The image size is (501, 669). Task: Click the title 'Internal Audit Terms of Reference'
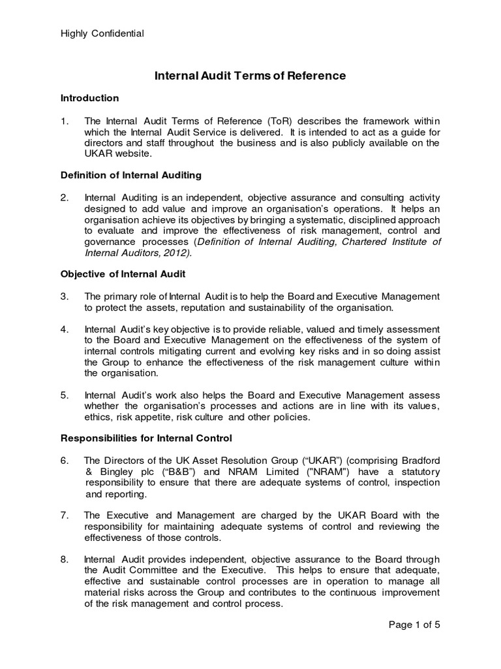250,76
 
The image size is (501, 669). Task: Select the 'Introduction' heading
89,98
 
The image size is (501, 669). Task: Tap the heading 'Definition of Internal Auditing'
130,175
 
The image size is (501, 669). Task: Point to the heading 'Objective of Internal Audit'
121,274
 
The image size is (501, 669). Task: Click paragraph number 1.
64,121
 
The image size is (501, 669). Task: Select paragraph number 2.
64,198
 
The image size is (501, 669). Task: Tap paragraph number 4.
64,329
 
